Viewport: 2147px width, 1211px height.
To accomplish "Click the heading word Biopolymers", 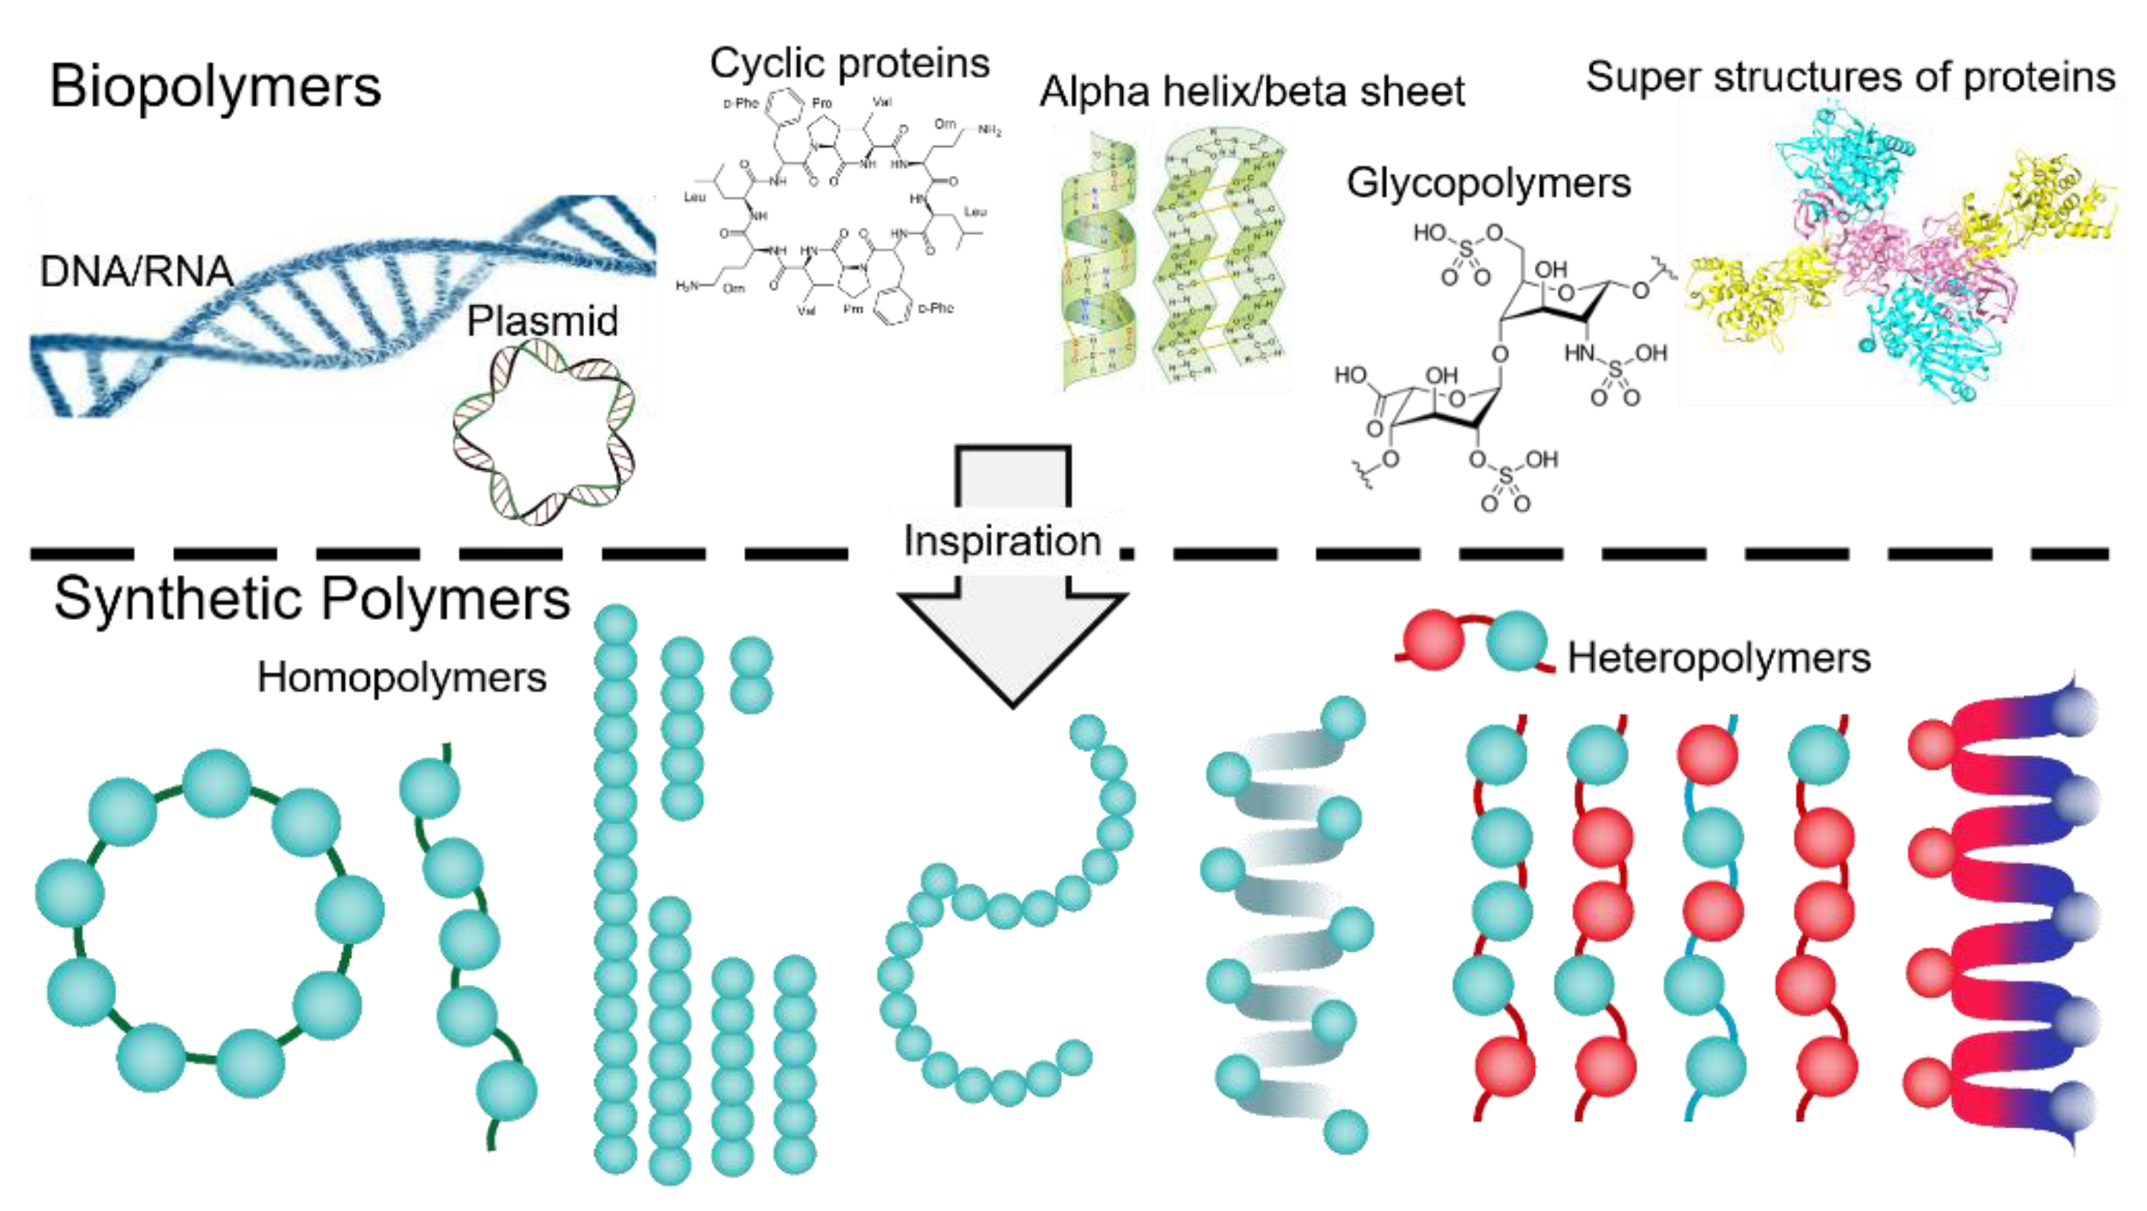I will click(x=215, y=86).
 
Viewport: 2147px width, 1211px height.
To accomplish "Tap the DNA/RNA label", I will click(x=136, y=272).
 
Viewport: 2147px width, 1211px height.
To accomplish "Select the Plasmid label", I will click(x=542, y=321).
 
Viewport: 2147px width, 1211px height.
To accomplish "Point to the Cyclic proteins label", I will click(x=850, y=63).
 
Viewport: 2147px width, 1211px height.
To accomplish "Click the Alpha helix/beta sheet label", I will click(x=1251, y=91).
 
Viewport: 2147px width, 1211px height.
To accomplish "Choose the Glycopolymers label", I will click(x=1488, y=183).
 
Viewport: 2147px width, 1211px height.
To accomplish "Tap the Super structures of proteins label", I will click(x=1849, y=77).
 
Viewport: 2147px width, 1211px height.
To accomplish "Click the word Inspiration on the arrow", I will click(x=1002, y=541).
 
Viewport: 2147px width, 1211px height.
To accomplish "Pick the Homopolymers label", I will click(x=402, y=677).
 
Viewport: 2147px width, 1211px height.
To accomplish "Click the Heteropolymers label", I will click(x=1719, y=658).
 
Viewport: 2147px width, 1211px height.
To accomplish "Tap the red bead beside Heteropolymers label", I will click(x=1434, y=640).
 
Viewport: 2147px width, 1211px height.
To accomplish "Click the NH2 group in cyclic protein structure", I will click(x=989, y=130).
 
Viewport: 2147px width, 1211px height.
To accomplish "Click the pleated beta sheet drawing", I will click(x=1218, y=258).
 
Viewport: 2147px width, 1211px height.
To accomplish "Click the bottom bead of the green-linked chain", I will click(x=507, y=1090).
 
